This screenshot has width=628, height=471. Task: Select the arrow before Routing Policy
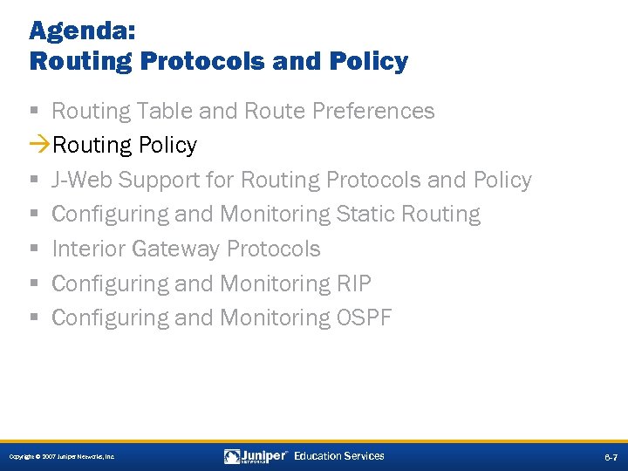(40, 145)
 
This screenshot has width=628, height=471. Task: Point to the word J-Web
(82, 180)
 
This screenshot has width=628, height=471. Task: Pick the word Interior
(88, 249)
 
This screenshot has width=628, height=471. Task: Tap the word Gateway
(176, 249)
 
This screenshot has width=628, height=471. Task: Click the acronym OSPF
(364, 317)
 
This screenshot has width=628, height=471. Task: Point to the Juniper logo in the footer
(256, 456)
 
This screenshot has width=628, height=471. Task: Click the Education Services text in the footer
(339, 456)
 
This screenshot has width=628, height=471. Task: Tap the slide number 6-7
(611, 457)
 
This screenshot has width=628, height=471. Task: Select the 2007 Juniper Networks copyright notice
(62, 457)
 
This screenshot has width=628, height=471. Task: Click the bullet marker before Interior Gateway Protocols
(32, 249)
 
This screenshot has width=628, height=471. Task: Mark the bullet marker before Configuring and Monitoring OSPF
(32, 318)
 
